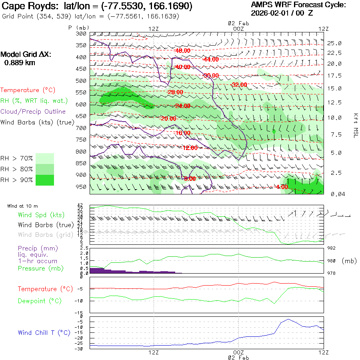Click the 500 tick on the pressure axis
click(82, 81)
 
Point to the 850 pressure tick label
click(82, 163)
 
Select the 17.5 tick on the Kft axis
click(334, 76)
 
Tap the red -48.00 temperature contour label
click(182, 51)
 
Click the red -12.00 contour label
click(190, 148)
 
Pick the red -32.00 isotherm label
click(239, 85)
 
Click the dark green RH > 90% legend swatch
click(45, 180)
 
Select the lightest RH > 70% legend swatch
click(45, 158)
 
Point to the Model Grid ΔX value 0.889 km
click(19, 63)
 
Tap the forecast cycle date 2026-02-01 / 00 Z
click(282, 13)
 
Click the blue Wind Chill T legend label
click(44, 333)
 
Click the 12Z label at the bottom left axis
click(154, 352)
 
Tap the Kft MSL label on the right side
click(355, 125)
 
